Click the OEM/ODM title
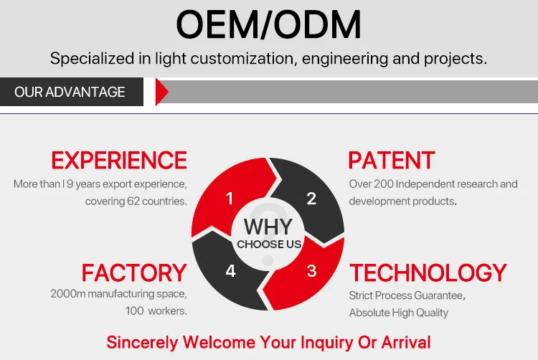click(268, 24)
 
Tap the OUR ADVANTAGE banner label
click(70, 92)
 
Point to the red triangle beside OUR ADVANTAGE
click(161, 92)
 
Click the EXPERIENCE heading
click(119, 160)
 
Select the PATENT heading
click(392, 160)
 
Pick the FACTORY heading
click(134, 273)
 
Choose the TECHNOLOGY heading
click(428, 273)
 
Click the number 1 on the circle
click(230, 199)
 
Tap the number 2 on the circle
click(311, 199)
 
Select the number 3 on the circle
click(311, 271)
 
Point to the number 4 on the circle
click(230, 271)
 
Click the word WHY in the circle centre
click(268, 227)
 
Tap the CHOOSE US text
click(269, 244)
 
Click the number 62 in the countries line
click(133, 201)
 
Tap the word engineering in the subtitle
click(345, 59)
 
